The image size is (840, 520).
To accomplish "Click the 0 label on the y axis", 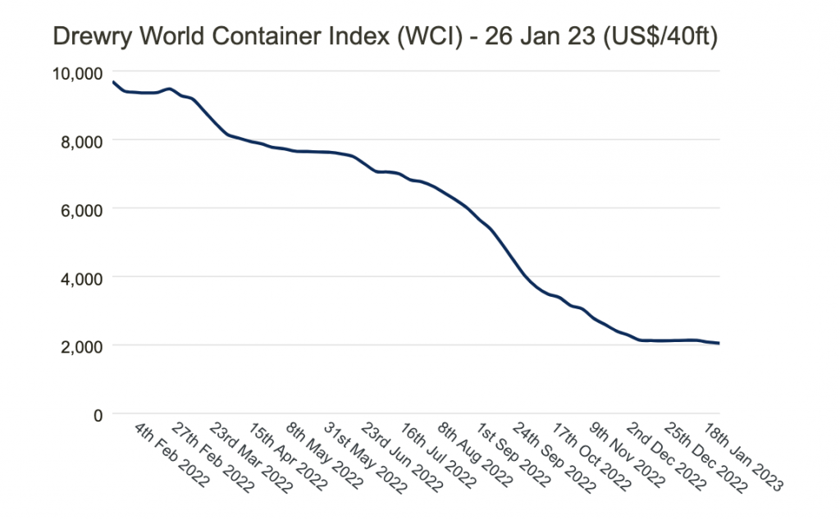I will coord(97,415).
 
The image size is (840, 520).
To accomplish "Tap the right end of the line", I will coord(719,343).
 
